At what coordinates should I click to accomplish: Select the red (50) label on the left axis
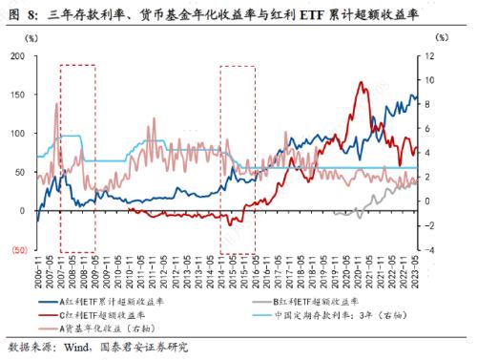pyautogui.click(x=17, y=249)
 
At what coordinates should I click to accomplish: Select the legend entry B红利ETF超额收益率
pyautogui.click(x=316, y=299)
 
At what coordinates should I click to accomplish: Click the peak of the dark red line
pyautogui.click(x=363, y=82)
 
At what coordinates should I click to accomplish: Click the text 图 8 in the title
pyautogui.click(x=19, y=12)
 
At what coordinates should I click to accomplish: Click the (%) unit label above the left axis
pyautogui.click(x=32, y=38)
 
